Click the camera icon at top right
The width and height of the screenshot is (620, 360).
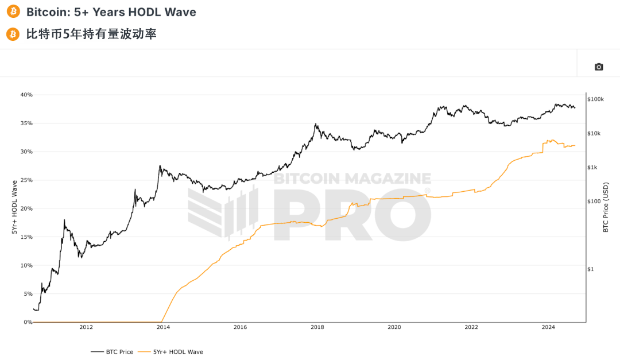pyautogui.click(x=599, y=67)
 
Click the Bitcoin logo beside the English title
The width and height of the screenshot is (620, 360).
pyautogui.click(x=13, y=11)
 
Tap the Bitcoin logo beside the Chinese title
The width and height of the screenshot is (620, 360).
pyautogui.click(x=13, y=34)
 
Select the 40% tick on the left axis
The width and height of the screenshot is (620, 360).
pyautogui.click(x=26, y=95)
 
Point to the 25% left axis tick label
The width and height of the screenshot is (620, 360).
pyautogui.click(x=26, y=180)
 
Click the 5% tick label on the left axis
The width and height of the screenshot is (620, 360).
pyautogui.click(x=28, y=293)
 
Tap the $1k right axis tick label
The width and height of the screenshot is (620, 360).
pyautogui.click(x=593, y=167)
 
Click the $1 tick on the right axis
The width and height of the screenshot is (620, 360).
pyautogui.click(x=591, y=269)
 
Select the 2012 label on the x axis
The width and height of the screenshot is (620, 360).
pyautogui.click(x=86, y=328)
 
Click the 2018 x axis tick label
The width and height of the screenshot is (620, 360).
pyautogui.click(x=317, y=328)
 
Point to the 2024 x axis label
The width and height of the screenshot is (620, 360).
pyautogui.click(x=548, y=328)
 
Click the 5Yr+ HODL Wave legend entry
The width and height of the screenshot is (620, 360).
pyautogui.click(x=178, y=352)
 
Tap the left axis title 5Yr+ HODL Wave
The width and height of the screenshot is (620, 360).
pyautogui.click(x=14, y=208)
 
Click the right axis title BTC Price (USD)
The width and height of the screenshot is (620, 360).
pyautogui.click(x=606, y=207)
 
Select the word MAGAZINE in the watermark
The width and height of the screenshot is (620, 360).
pyautogui.click(x=390, y=179)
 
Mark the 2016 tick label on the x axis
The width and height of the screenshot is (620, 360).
pyautogui.click(x=240, y=328)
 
